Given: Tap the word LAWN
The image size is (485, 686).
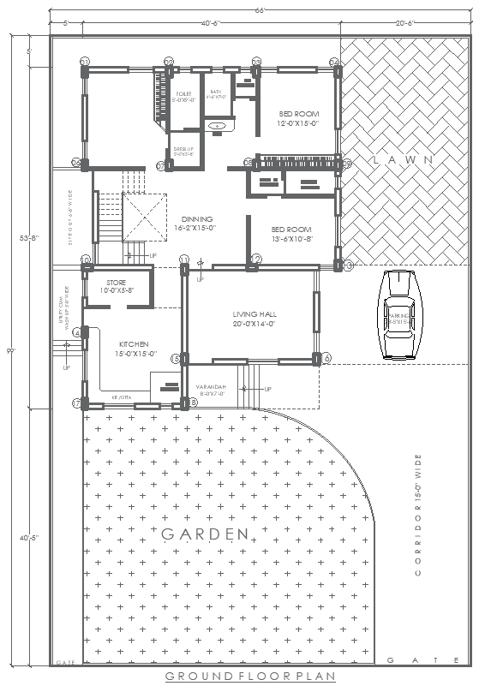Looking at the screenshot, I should [x=403, y=160].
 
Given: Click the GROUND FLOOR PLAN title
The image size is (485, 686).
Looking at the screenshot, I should [x=242, y=677].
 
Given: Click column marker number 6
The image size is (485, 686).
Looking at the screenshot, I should [x=326, y=358].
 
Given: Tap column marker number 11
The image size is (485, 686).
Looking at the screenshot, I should [x=184, y=259].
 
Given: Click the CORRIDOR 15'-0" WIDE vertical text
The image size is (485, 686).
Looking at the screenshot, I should [x=417, y=514].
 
